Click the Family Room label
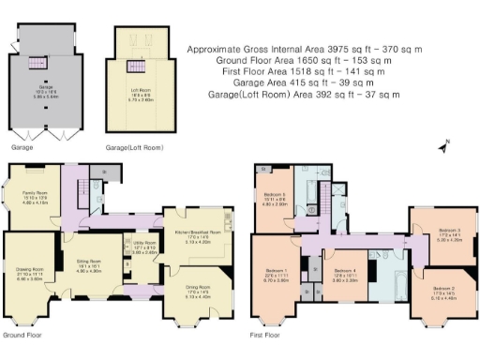35,198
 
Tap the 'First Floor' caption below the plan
267,334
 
